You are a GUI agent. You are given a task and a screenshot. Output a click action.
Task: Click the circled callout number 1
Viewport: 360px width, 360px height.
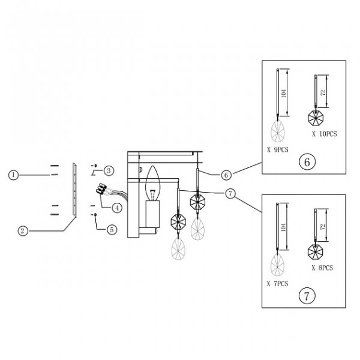point(13,175)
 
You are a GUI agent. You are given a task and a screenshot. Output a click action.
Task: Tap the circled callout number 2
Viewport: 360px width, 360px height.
point(23,230)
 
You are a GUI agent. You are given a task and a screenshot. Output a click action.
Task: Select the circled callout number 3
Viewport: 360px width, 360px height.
point(109,170)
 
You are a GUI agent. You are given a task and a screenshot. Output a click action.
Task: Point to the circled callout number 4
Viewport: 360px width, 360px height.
point(117,208)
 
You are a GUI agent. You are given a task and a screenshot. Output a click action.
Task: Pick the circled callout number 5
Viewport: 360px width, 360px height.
point(112,229)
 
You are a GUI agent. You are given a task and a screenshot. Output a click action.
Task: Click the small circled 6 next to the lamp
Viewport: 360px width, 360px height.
point(226,175)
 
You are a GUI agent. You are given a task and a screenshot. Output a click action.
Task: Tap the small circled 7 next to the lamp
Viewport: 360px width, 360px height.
point(230,194)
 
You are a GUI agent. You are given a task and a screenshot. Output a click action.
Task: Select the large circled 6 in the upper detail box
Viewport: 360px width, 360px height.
point(307,161)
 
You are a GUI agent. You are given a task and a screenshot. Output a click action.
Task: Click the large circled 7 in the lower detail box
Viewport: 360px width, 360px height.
point(307,296)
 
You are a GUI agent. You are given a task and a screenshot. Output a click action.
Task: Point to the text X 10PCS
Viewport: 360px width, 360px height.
point(325,134)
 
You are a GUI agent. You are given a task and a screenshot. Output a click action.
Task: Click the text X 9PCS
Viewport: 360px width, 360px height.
point(278,149)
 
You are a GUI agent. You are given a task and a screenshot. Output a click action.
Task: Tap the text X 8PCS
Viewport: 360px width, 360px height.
point(322,268)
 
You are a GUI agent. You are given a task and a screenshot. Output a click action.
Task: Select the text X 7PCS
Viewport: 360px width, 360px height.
point(277,284)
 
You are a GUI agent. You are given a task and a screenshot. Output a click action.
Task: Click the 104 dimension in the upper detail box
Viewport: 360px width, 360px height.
point(284,93)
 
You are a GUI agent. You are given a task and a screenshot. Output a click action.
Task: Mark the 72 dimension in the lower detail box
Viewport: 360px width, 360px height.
point(323,227)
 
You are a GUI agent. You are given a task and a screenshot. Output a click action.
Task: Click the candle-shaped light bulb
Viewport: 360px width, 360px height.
point(152,184)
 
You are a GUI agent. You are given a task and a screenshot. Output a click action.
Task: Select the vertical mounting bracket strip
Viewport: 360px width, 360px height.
point(74,190)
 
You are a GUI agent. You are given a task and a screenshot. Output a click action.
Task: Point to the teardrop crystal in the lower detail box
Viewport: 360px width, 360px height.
point(277,265)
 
